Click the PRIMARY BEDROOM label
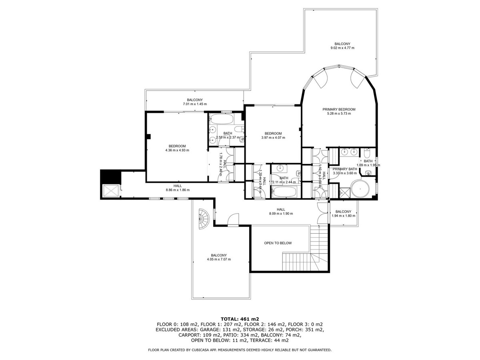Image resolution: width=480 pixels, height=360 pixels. [x=339, y=109]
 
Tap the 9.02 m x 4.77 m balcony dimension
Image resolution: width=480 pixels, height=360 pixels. [x=342, y=48]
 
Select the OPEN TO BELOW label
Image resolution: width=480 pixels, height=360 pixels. [x=278, y=243]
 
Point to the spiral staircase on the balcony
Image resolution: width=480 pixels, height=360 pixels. [x=203, y=219]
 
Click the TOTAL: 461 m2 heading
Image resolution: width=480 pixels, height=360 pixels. [x=240, y=319]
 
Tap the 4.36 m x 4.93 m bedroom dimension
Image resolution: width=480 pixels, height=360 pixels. [x=177, y=150]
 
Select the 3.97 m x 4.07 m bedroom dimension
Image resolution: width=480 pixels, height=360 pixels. [x=273, y=138]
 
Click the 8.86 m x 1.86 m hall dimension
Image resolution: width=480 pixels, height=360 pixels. [x=177, y=190]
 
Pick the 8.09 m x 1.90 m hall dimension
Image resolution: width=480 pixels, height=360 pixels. [x=281, y=214]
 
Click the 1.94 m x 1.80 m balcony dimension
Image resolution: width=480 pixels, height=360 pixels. [x=343, y=216]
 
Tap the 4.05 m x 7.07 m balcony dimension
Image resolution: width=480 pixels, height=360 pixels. [x=219, y=260]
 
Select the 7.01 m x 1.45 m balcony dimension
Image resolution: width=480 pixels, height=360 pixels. [x=194, y=104]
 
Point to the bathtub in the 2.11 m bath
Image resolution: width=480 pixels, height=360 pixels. [x=284, y=192]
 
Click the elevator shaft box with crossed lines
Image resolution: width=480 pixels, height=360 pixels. [x=111, y=191]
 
